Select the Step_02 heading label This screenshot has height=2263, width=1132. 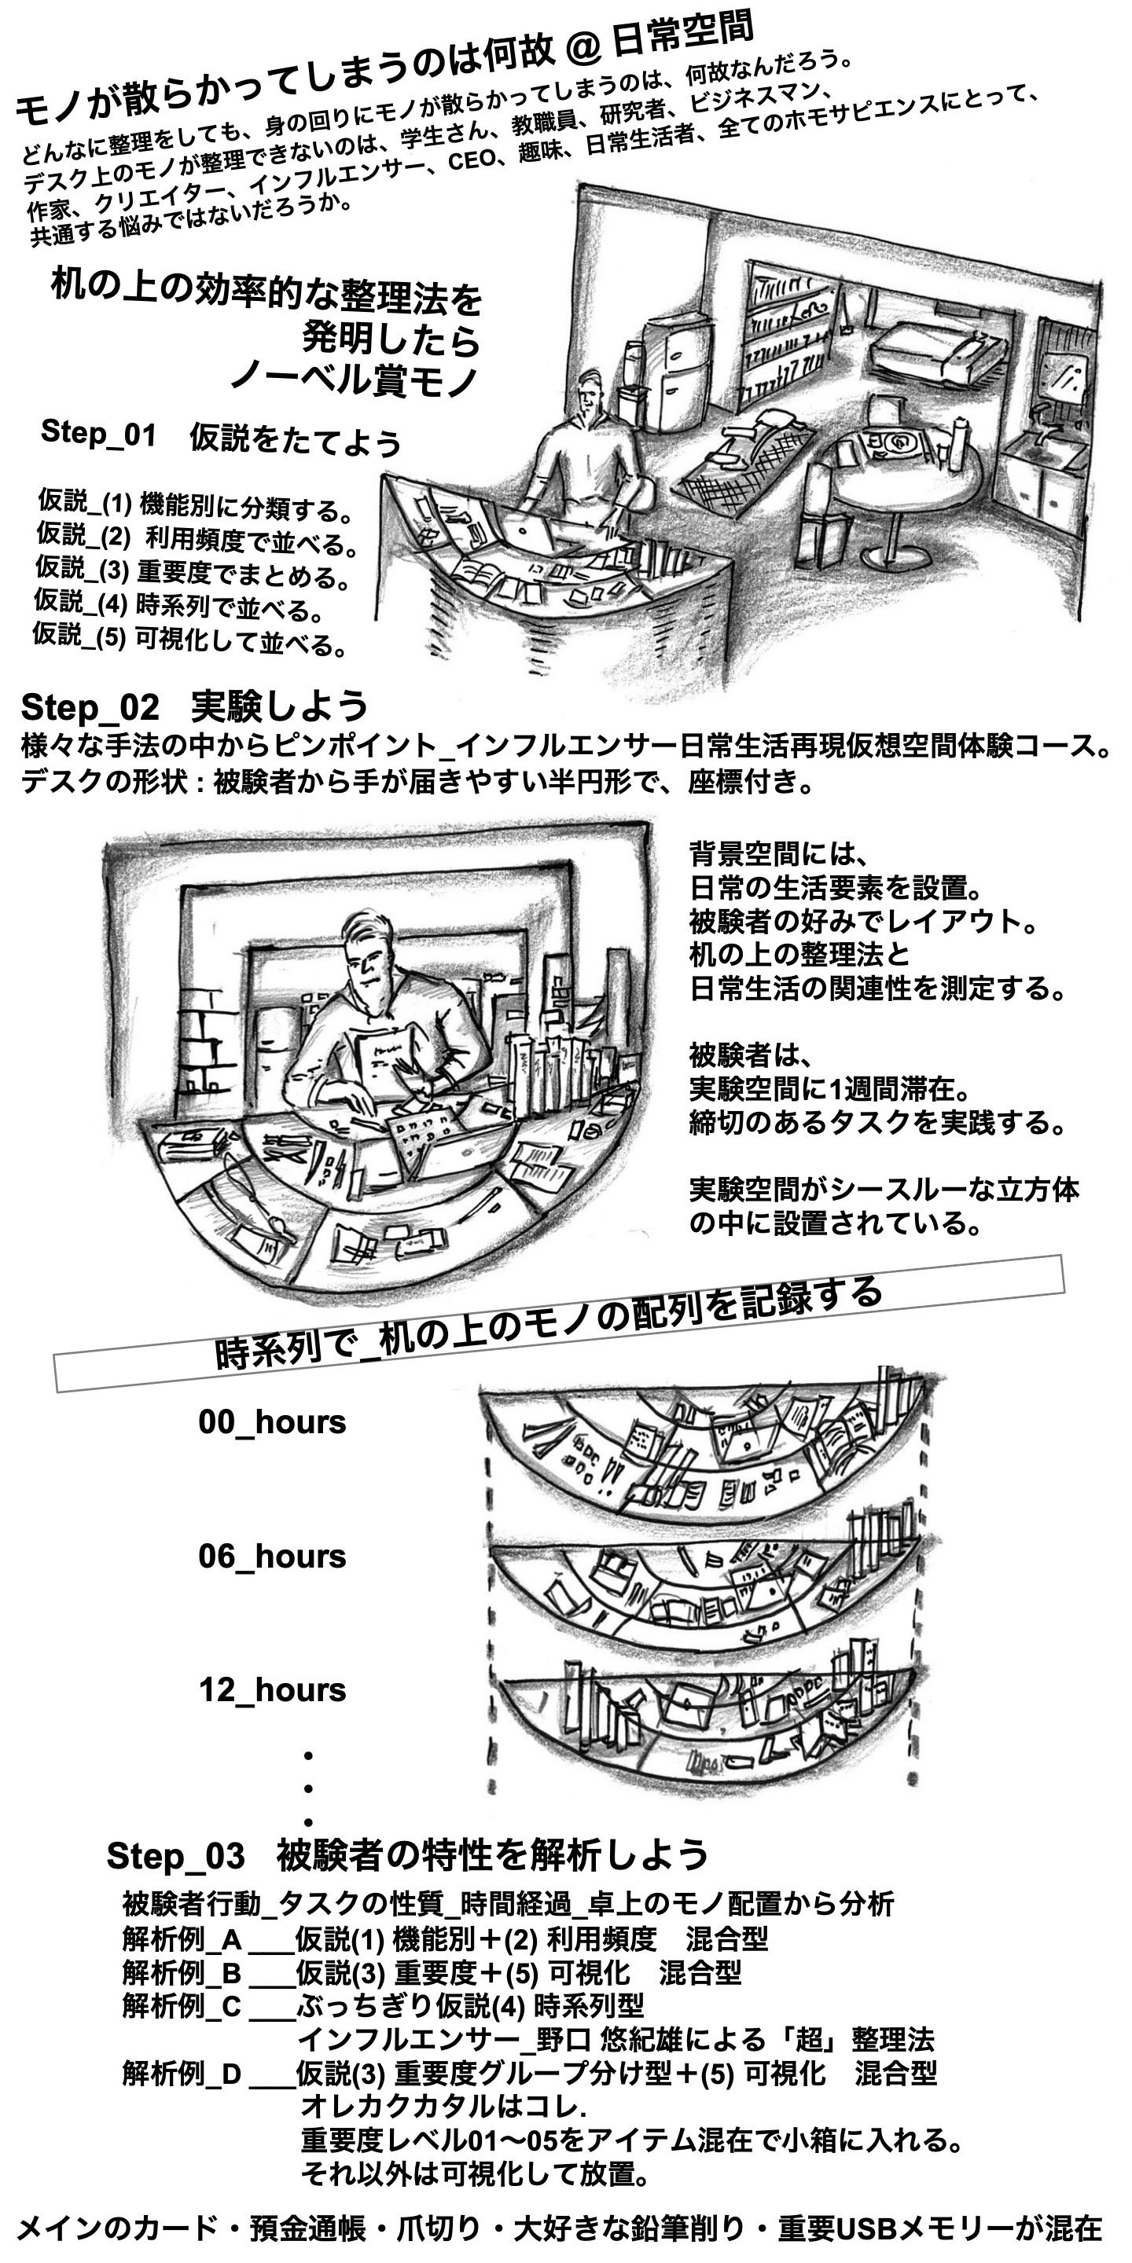pos(90,707)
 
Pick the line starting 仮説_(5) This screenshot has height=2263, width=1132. pos(189,640)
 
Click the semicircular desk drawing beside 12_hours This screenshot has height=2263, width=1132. pos(703,1722)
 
